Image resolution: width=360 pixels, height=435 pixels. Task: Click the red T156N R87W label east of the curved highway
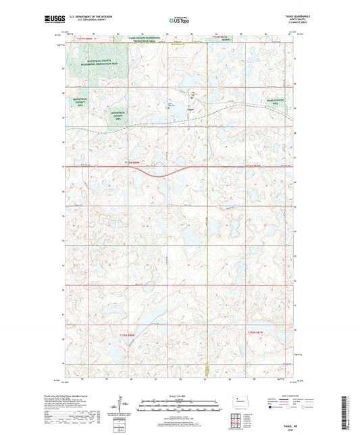pos(258,165)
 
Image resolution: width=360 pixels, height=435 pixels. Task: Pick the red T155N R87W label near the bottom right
pos(258,332)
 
